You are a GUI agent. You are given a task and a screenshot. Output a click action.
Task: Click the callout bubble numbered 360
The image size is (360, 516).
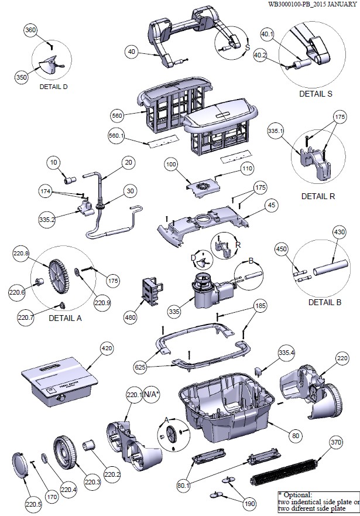point(31,30)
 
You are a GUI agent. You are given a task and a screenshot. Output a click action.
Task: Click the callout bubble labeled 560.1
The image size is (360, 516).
point(118,136)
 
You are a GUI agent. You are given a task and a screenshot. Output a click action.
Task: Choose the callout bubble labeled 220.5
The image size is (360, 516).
point(34,501)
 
